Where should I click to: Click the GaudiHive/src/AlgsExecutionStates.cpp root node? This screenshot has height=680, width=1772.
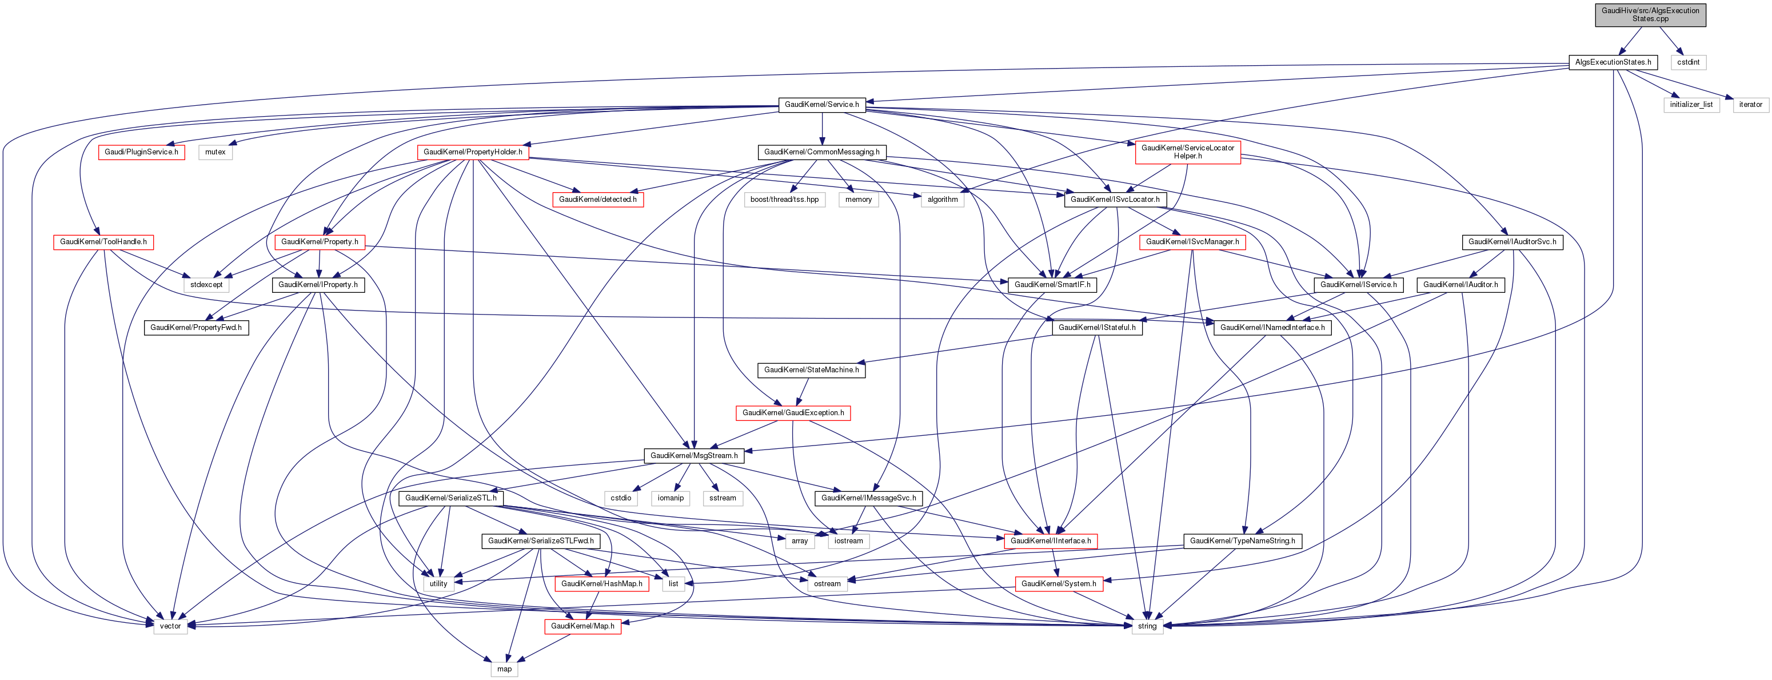(1650, 14)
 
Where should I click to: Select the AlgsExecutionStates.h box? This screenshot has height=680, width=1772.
(1613, 62)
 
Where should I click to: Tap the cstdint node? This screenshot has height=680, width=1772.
(1688, 62)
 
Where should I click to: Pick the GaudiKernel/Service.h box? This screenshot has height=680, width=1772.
(822, 105)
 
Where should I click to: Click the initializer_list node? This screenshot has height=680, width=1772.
(1691, 105)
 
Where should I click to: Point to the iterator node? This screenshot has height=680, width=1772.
(1751, 105)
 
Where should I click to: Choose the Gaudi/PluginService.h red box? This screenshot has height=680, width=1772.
(142, 152)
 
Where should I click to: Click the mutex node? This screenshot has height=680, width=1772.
(215, 152)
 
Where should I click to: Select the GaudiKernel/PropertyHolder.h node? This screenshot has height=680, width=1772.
(473, 152)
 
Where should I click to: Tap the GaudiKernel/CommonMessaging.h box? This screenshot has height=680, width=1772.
(822, 152)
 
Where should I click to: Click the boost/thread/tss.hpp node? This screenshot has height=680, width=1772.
(785, 200)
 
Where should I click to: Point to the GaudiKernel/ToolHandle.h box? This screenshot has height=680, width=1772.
(103, 242)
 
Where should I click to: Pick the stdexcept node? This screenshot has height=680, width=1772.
(207, 285)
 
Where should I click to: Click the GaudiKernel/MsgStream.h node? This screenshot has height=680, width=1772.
(694, 456)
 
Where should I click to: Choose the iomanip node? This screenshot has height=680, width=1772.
(671, 498)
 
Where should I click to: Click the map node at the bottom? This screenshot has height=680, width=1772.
(504, 669)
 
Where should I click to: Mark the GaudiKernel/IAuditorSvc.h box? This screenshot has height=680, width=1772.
(1512, 242)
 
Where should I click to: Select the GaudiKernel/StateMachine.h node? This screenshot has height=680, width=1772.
(812, 370)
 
